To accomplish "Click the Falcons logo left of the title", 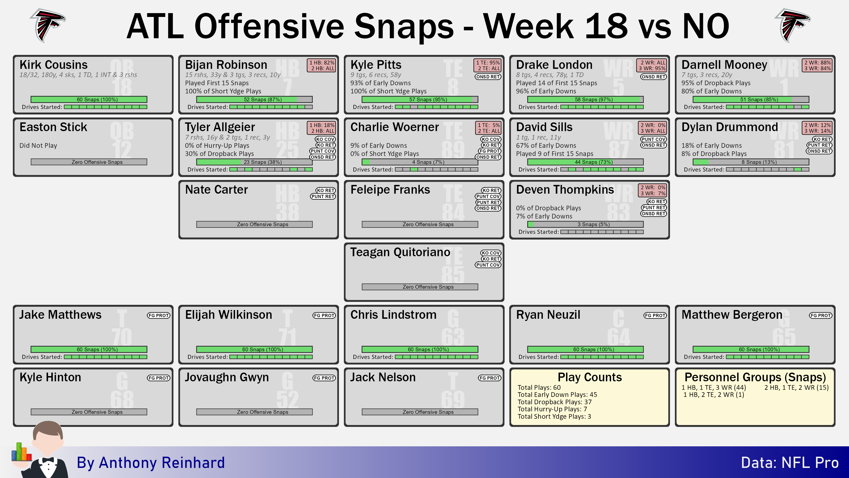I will click(48, 25).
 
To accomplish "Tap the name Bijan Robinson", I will click(226, 65).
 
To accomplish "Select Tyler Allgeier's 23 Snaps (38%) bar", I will click(254, 162).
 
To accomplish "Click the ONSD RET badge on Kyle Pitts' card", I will click(488, 77).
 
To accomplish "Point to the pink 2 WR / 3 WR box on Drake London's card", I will click(652, 65).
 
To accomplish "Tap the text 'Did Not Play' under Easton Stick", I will click(38, 146).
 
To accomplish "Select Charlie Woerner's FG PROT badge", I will click(489, 151).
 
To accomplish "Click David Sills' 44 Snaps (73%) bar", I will click(585, 162).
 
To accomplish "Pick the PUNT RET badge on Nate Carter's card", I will click(323, 197).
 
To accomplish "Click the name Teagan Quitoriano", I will click(400, 252).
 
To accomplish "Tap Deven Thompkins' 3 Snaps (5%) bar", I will click(585, 224).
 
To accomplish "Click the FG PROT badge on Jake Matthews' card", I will click(159, 315).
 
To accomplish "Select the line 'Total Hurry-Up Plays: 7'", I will click(552, 409).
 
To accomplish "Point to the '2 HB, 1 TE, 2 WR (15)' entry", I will click(796, 388).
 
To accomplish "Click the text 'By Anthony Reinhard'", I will click(151, 462).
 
